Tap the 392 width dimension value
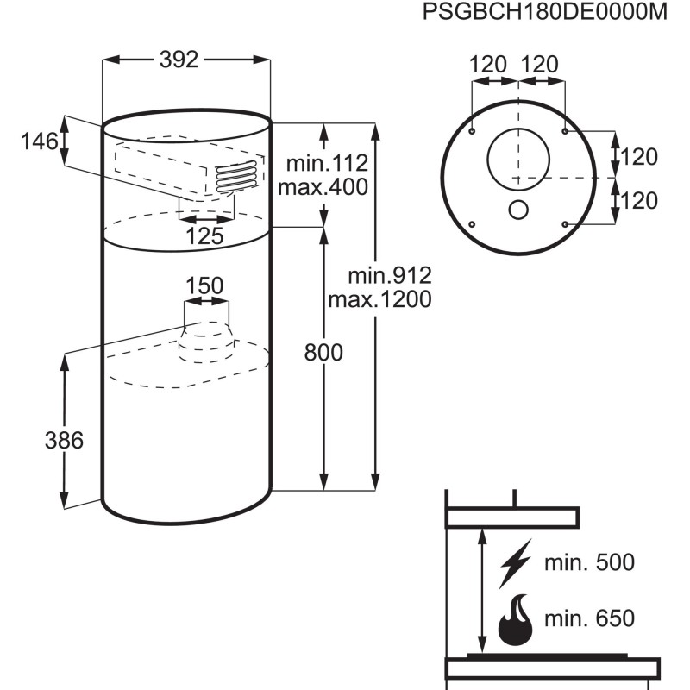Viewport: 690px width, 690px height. coord(179,60)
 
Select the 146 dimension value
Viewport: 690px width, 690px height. coord(40,141)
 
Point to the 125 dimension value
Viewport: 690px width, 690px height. coord(206,235)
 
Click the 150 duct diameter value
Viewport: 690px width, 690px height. coord(205,285)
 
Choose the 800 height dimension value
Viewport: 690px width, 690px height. coord(323,352)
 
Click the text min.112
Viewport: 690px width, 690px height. coord(329,163)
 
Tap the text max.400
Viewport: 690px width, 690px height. coord(328,187)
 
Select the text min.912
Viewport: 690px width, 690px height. coord(390,276)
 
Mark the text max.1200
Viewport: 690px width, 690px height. coord(379,300)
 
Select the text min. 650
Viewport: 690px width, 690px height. coord(589,618)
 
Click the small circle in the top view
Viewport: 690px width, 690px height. coord(518,209)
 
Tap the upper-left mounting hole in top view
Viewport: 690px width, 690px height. coord(474,131)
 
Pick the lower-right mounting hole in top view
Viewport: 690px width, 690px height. coord(564,224)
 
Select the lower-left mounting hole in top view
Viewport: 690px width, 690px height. coord(474,224)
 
